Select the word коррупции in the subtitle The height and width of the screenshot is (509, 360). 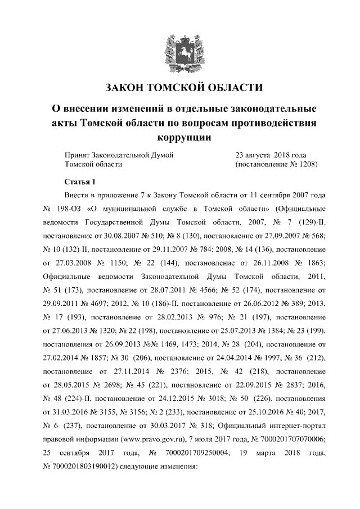[180, 137]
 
